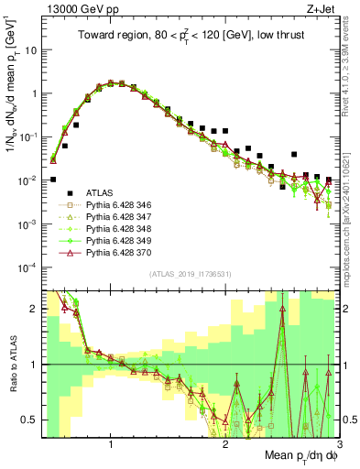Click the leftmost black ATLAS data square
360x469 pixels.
(53, 180)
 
